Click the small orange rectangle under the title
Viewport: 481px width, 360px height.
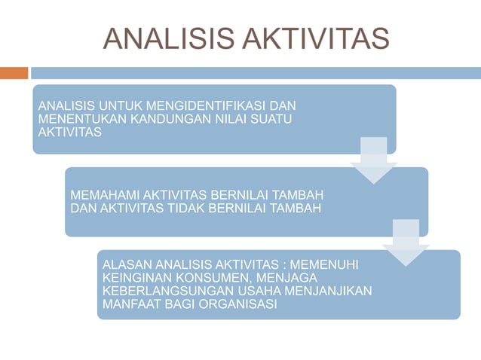coord(14,73)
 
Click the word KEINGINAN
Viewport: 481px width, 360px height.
coord(131,277)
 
